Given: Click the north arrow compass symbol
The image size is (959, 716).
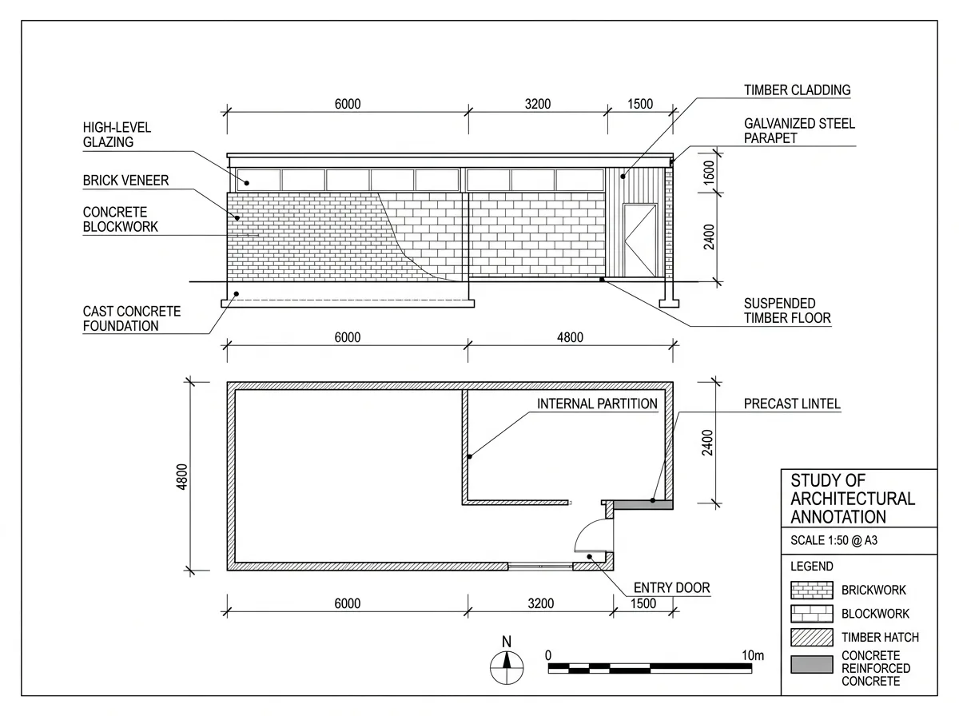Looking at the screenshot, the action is (507, 667).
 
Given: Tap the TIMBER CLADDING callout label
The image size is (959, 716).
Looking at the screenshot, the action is (797, 90).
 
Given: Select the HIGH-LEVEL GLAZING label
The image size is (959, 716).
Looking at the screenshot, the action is (117, 134).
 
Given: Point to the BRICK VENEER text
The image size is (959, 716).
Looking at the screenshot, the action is (125, 181).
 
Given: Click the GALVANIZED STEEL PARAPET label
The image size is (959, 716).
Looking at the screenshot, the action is (799, 130).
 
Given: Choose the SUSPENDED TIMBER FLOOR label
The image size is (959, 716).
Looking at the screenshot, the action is (787, 311).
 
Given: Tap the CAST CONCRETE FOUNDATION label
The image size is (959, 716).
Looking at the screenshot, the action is (132, 319).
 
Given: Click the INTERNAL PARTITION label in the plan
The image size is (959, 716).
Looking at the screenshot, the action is (597, 404).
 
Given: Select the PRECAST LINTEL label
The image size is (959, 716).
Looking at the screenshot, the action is (792, 404).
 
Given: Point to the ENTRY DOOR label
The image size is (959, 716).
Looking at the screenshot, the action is (671, 587).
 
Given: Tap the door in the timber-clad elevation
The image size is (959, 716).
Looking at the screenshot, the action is (640, 241).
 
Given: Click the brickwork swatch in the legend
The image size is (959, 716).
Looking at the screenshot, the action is (811, 590).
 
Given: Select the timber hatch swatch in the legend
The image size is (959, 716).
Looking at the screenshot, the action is (811, 638).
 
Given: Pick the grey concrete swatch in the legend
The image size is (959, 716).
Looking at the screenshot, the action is (811, 664).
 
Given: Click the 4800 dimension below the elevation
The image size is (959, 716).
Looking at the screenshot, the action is (570, 337).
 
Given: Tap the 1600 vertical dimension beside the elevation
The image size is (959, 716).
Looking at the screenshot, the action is (709, 173).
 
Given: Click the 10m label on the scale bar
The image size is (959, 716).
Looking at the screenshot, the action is (753, 655).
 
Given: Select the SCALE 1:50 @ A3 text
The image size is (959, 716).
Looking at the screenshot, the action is (834, 540).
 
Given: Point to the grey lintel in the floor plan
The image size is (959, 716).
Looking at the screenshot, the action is (643, 505).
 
